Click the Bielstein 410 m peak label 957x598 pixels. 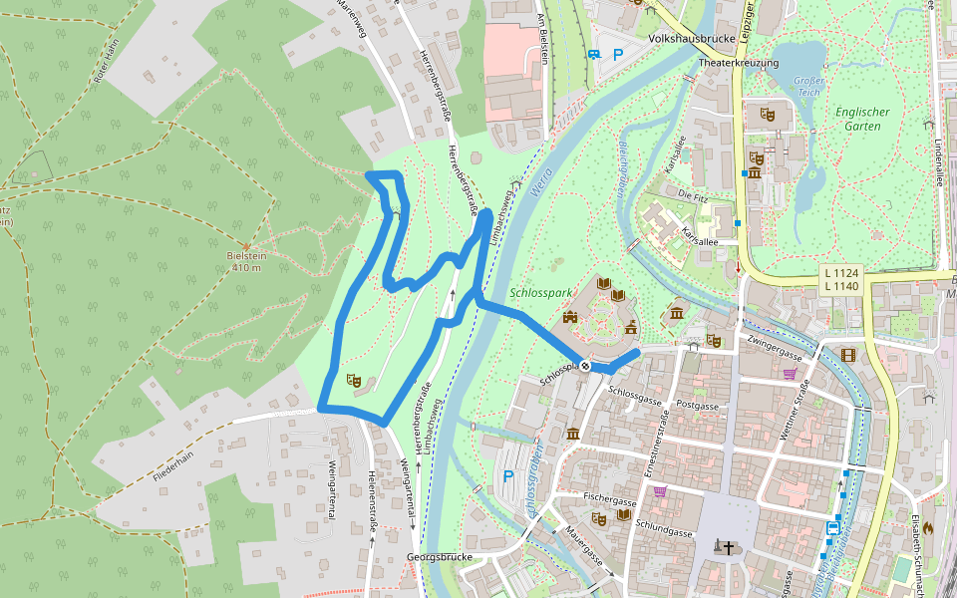pos(246,261)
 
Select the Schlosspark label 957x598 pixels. pos(538,294)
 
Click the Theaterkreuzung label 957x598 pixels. pos(738,63)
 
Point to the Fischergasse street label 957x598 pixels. pos(610,501)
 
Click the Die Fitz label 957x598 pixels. pos(691,193)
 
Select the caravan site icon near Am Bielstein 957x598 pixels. pos(595,55)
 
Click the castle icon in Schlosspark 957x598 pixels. pos(570,317)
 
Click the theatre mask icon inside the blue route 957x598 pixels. pos(352,379)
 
